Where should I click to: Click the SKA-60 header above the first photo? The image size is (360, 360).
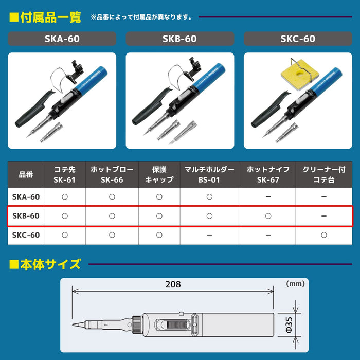(62, 39)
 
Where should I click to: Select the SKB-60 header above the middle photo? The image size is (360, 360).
(180, 39)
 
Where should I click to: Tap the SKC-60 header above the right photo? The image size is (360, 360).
(298, 39)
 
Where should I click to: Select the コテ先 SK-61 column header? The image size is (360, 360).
(64, 174)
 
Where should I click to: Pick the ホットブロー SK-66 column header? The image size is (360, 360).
(112, 174)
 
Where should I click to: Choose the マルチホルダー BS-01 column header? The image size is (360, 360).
(209, 174)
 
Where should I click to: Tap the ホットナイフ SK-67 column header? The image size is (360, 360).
(267, 174)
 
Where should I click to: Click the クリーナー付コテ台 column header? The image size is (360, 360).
(323, 174)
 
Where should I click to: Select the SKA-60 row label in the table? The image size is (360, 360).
(26, 196)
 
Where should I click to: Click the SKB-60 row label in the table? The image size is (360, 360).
(26, 216)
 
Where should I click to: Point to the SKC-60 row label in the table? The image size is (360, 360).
(26, 235)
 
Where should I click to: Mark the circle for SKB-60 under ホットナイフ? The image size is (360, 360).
(267, 216)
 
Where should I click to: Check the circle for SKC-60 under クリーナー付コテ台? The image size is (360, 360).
(323, 235)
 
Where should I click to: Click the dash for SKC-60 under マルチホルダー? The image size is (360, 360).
(209, 235)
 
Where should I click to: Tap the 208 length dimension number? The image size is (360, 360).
(173, 284)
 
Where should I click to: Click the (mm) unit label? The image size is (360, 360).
(295, 283)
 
